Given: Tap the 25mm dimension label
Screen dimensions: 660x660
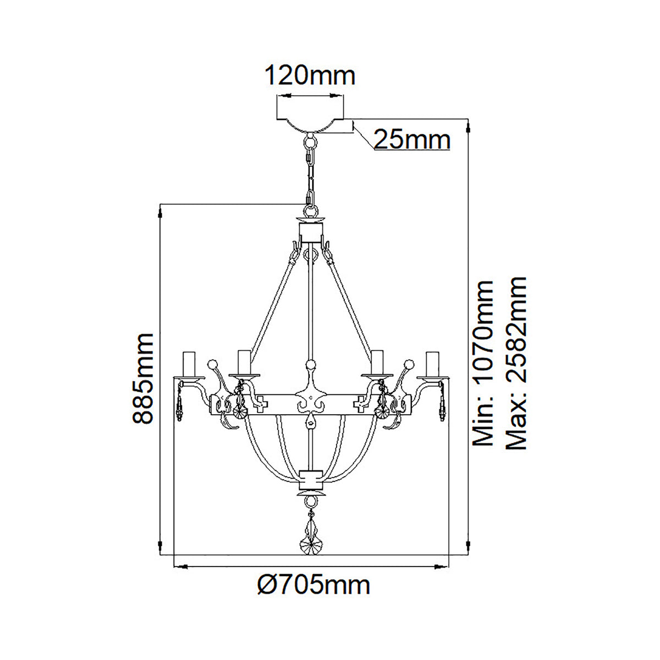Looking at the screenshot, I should (x=412, y=140).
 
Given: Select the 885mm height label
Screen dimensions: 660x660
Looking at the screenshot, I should (x=142, y=378).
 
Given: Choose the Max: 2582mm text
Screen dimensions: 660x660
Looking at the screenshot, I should (x=516, y=363).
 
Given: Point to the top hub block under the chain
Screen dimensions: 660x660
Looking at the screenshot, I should (x=311, y=231).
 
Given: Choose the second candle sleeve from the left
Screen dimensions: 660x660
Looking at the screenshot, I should (x=244, y=362).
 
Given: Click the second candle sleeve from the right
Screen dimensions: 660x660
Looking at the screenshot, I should (x=377, y=362).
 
